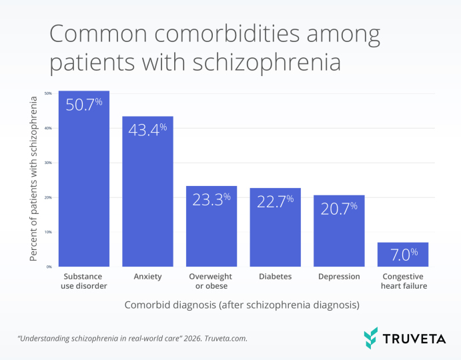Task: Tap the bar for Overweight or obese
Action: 211,226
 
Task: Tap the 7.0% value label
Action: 403,253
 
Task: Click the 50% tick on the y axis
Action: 48,93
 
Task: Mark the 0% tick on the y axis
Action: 49,267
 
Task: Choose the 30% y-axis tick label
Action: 48,163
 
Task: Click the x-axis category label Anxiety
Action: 147,276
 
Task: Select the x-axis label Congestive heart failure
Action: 403,281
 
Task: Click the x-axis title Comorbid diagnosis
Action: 242,305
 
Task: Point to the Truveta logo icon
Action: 371,337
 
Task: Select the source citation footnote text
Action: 132,339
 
